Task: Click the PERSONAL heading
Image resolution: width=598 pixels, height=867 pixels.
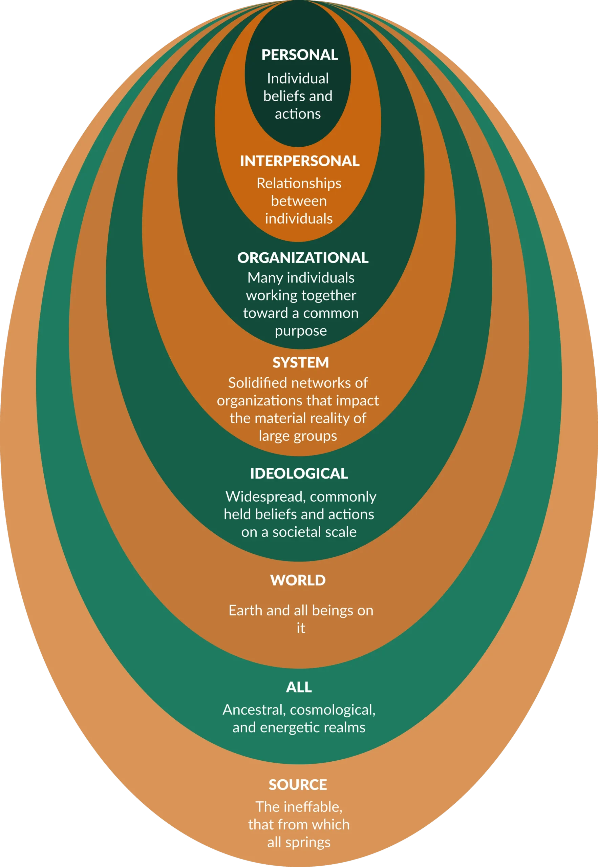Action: (x=299, y=55)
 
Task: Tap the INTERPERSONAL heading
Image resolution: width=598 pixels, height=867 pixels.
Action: (x=299, y=161)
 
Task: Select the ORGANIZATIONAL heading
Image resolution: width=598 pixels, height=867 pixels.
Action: (x=303, y=258)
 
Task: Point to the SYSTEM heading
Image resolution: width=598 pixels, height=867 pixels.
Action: (x=300, y=362)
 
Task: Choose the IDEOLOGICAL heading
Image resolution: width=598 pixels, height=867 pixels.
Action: (x=299, y=473)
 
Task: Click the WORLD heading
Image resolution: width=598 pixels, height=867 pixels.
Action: (x=298, y=580)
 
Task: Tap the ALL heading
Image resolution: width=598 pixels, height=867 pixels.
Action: (x=299, y=687)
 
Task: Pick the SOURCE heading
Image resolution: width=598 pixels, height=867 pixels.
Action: (x=298, y=785)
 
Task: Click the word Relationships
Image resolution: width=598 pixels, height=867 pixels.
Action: (x=299, y=184)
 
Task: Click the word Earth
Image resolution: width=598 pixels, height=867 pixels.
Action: (x=246, y=611)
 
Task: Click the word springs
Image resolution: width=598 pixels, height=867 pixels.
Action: (x=307, y=843)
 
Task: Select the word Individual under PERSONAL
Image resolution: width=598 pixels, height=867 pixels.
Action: (x=298, y=79)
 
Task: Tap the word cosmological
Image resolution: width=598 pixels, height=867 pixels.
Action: (x=332, y=710)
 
